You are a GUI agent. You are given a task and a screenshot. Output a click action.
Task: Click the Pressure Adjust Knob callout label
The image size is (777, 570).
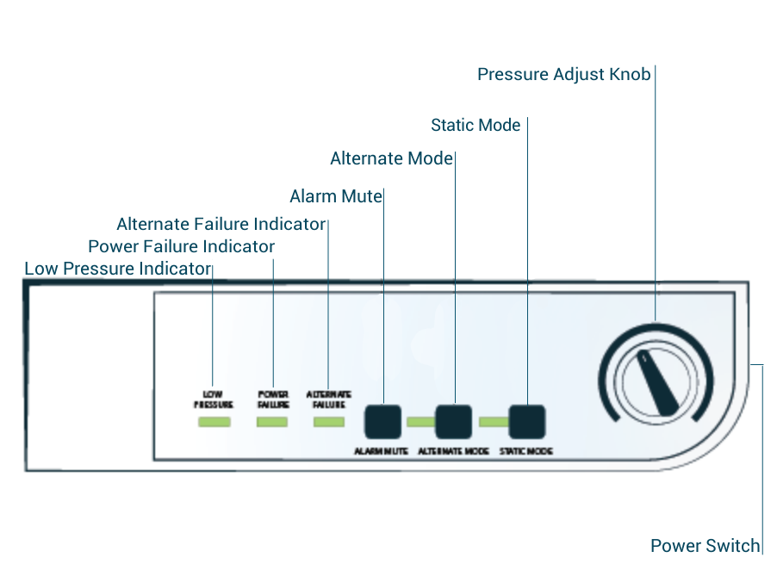pyautogui.click(x=563, y=74)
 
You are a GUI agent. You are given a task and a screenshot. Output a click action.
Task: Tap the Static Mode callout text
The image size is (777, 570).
pyautogui.click(x=476, y=126)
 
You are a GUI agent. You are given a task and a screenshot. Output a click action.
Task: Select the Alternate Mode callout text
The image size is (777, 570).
pyautogui.click(x=391, y=158)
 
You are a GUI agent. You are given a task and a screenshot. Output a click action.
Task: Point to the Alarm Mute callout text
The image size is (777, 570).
pyautogui.click(x=335, y=196)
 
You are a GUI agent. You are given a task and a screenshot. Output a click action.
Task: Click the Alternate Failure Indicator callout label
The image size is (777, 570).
pyautogui.click(x=221, y=225)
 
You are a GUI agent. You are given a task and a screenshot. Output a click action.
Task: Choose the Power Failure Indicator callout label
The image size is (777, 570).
pyautogui.click(x=181, y=247)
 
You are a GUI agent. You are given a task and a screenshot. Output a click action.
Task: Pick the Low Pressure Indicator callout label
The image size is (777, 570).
pyautogui.click(x=117, y=269)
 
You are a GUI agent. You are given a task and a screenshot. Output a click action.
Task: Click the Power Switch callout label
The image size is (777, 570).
pyautogui.click(x=705, y=546)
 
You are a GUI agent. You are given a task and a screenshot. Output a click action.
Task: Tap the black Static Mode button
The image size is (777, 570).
pyautogui.click(x=527, y=421)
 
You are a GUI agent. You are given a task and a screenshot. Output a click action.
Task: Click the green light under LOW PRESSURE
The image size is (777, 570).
pyautogui.click(x=214, y=422)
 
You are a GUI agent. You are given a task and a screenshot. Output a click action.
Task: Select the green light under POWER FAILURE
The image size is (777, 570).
pyautogui.click(x=272, y=422)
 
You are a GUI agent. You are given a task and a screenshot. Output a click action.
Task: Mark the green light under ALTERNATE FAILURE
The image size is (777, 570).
pyautogui.click(x=328, y=422)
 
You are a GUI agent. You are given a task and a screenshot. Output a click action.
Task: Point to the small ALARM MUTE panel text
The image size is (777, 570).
pyautogui.click(x=381, y=451)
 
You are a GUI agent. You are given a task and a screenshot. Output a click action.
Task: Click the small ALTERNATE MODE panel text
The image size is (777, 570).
pyautogui.click(x=453, y=451)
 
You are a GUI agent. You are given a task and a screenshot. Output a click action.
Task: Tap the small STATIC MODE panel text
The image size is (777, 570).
pyautogui.click(x=525, y=451)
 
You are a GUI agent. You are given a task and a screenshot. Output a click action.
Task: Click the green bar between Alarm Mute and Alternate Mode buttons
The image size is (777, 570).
pyautogui.click(x=420, y=422)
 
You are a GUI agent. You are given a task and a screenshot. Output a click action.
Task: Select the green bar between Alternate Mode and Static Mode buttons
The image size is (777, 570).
pyautogui.click(x=492, y=422)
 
